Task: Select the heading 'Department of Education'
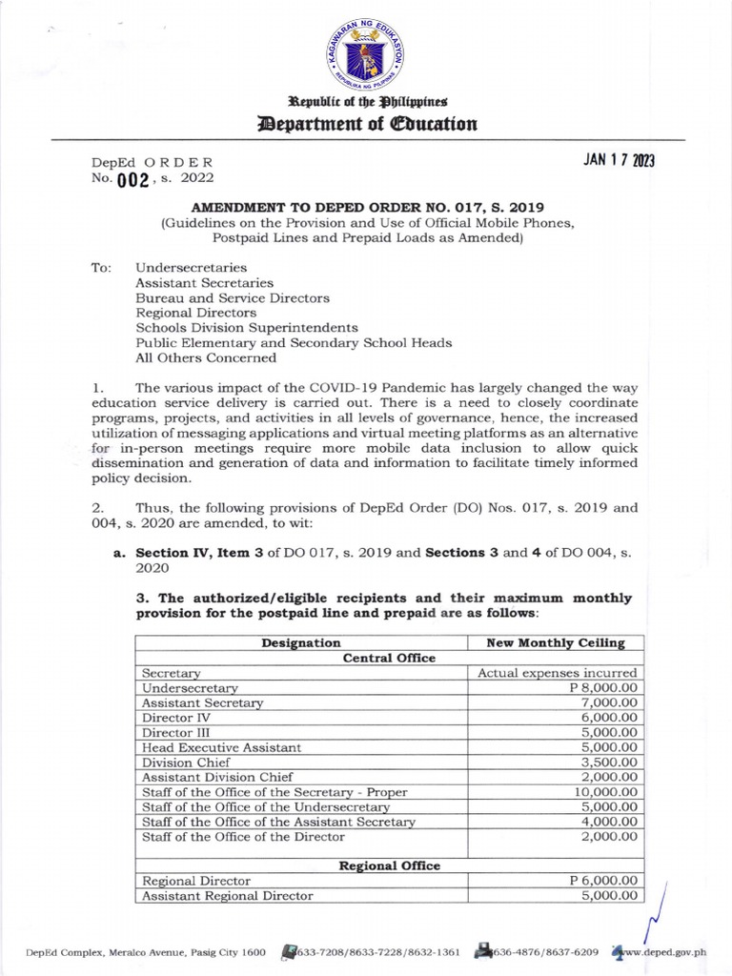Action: coord(366,124)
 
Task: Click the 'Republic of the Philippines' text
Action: coord(366,101)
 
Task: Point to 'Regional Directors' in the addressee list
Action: coord(195,313)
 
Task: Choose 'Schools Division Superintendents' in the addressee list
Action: coord(246,327)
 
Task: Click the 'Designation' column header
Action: coord(301,643)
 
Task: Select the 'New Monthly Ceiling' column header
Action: coord(555,643)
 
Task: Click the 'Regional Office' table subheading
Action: coord(390,865)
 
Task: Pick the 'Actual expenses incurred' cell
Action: coord(557,673)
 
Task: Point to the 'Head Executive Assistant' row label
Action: coord(221,747)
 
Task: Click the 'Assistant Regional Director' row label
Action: coord(227,896)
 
